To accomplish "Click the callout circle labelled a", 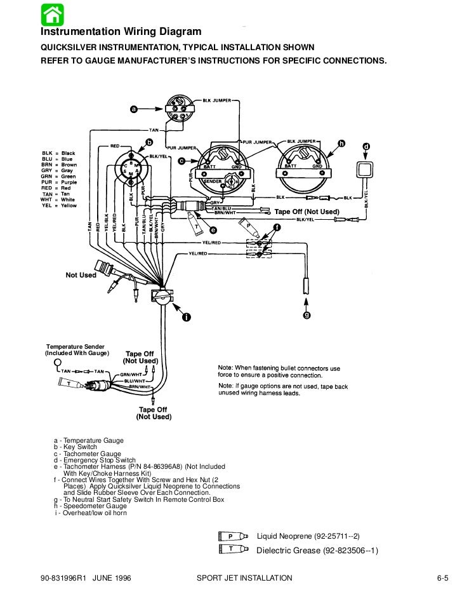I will (x=133, y=109).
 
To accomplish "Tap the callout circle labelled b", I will (x=149, y=140).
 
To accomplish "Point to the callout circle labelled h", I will (x=341, y=144).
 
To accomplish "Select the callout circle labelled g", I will (x=307, y=315).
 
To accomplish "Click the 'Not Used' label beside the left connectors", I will (x=81, y=275).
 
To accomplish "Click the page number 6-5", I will (x=442, y=578).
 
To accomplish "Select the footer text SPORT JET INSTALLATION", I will (x=244, y=578).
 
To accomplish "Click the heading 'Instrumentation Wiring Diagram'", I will (x=121, y=32).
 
